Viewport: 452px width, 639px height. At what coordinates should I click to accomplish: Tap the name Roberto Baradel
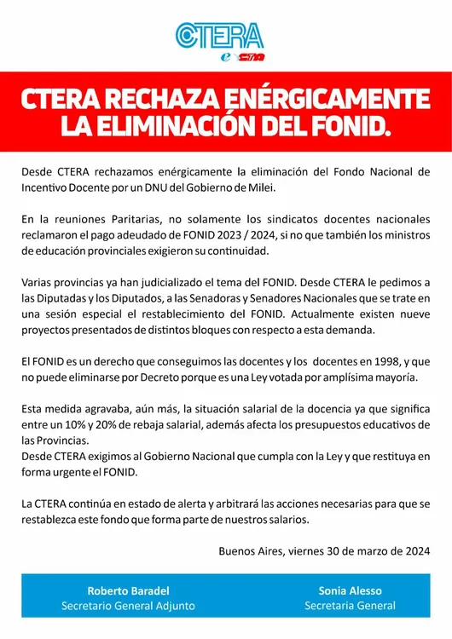128,590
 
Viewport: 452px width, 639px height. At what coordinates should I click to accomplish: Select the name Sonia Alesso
350,590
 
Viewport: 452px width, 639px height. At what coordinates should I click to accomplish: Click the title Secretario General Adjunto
128,606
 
